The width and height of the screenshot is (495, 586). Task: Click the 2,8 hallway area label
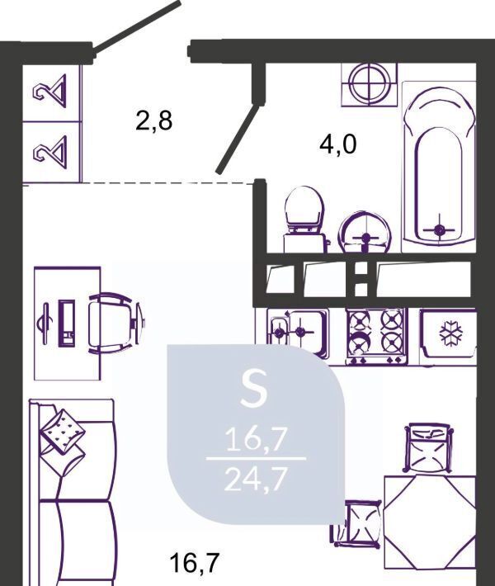tap(154, 121)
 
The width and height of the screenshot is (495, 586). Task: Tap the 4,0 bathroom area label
tap(338, 144)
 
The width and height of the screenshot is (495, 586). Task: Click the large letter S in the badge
tap(254, 390)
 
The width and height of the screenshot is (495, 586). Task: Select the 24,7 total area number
tap(256, 480)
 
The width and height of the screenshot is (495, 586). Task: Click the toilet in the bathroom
tap(304, 220)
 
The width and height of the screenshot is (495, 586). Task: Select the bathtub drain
tap(440, 229)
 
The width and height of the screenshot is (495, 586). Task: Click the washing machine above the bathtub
tap(369, 84)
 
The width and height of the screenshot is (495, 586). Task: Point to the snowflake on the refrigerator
tap(450, 333)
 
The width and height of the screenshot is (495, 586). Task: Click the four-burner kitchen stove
tap(376, 336)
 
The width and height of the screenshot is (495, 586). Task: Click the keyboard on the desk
tap(67, 322)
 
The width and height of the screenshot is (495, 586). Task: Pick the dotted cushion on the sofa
tap(63, 432)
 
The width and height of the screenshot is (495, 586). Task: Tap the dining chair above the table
tap(428, 447)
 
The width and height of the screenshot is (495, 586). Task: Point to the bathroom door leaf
tap(238, 139)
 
